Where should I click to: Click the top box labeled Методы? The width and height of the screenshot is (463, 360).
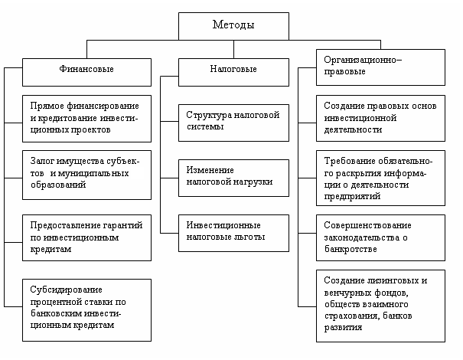tap(233, 25)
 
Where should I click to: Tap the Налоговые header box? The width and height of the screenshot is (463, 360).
tap(233, 69)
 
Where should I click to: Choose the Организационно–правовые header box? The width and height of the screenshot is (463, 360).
tap(380, 64)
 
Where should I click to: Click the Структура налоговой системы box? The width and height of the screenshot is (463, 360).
tap(233, 121)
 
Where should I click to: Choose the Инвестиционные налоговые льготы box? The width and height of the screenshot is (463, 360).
tap(233, 231)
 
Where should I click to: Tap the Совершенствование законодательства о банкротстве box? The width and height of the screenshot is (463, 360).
tap(380, 237)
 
